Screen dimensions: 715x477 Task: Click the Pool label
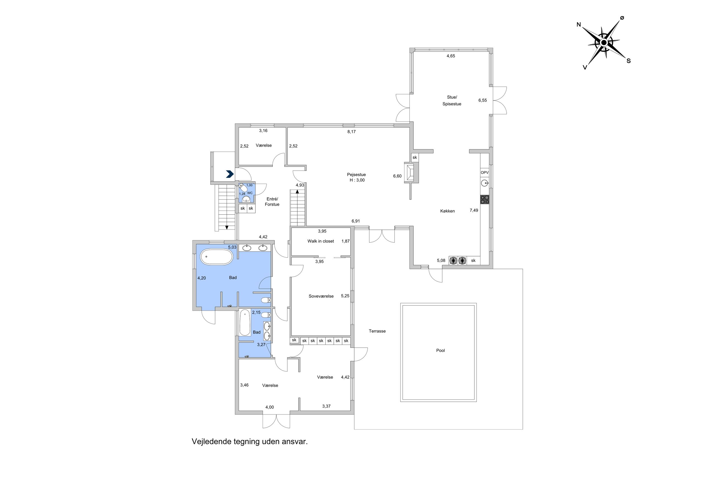(x=440, y=350)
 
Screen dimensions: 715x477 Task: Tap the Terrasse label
(x=377, y=331)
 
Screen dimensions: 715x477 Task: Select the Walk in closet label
(x=321, y=241)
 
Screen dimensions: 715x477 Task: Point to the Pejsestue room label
(x=356, y=175)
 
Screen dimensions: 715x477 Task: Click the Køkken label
(x=447, y=211)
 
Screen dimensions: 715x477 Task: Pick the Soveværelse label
(x=321, y=296)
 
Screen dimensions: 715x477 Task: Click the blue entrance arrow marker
(x=230, y=174)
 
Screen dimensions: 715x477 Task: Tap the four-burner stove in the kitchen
(x=485, y=200)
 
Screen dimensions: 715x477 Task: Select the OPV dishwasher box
(x=485, y=173)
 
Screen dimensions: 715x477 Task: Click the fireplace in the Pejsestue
(x=411, y=173)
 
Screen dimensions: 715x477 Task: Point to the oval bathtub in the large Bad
(x=216, y=257)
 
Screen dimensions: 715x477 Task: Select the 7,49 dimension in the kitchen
(x=474, y=210)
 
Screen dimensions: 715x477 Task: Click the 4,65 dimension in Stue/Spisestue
(x=451, y=56)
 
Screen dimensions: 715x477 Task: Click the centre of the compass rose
(x=603, y=43)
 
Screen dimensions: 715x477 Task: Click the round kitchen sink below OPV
(x=484, y=183)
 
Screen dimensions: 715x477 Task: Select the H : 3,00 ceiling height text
(x=357, y=180)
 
